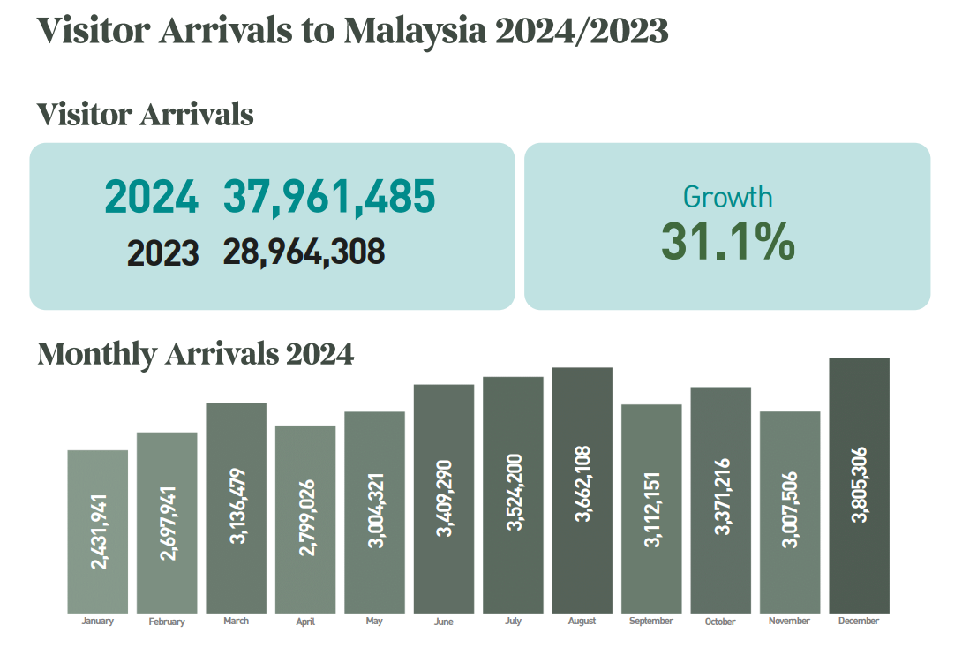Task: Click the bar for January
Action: click(x=98, y=531)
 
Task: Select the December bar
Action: click(x=859, y=485)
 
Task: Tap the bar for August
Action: click(x=582, y=490)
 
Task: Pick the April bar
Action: click(x=305, y=519)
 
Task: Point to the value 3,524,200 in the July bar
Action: click(x=514, y=493)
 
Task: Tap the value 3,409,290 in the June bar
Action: click(x=444, y=498)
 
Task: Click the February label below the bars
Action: click(x=167, y=622)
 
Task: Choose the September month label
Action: click(x=651, y=622)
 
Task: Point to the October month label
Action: click(x=720, y=622)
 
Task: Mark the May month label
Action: click(x=374, y=622)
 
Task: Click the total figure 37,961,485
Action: click(x=329, y=197)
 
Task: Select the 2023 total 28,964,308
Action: click(x=304, y=252)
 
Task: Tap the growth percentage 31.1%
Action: click(x=727, y=241)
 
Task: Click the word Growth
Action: click(x=727, y=196)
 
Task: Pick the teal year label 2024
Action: click(x=152, y=197)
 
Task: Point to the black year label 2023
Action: click(x=163, y=253)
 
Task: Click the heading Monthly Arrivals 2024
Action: click(x=196, y=354)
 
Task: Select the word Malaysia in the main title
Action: click(x=415, y=31)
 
